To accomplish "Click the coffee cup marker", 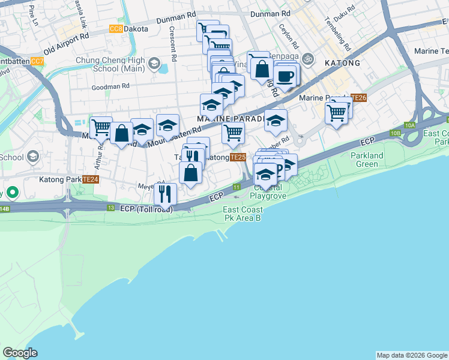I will (286, 76).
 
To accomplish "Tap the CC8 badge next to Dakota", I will (116, 29).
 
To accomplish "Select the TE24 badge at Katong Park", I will (91, 179).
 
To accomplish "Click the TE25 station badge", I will (238, 157).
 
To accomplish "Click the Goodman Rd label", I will (111, 86).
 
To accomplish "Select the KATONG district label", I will (342, 63).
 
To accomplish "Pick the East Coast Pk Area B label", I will (242, 214).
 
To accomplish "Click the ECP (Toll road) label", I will (146, 209).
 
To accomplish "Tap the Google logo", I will (20, 352).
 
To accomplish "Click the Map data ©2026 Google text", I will (412, 355).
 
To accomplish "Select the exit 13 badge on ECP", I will (110, 208).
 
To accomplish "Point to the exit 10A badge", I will (410, 125).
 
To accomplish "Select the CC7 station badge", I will (37, 61).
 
